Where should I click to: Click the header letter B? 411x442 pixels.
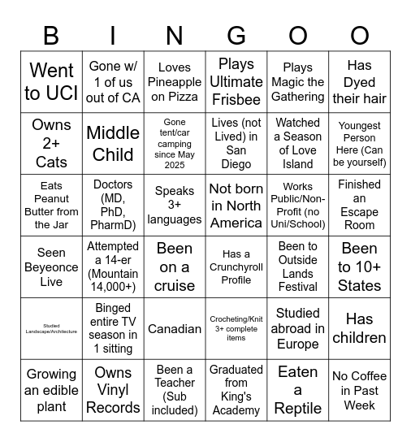pos(51,36)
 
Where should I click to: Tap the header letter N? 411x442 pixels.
pos(175,36)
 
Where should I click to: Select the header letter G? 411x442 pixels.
pos(236,36)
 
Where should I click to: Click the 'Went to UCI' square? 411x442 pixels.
pos(51,82)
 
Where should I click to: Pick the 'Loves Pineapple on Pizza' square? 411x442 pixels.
pos(175,82)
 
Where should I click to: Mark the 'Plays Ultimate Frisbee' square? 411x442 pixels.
pos(236,82)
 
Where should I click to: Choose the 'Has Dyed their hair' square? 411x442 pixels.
pos(360,82)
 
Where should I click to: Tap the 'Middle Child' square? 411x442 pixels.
pos(113,144)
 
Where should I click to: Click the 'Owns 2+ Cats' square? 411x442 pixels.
pos(51,144)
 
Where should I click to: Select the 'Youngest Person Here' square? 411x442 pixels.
pos(360,144)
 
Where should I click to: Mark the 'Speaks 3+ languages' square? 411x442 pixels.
pos(175,206)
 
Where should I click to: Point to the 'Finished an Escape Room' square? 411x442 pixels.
pos(360,206)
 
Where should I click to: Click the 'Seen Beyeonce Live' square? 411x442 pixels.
pos(51,267)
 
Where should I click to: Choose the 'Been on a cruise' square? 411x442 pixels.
pos(175,267)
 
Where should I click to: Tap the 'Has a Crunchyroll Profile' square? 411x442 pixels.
pos(236,267)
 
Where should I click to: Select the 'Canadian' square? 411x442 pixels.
pos(175,329)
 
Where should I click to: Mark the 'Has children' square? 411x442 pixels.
pos(360,329)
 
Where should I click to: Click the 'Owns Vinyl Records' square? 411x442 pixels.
pos(113,391)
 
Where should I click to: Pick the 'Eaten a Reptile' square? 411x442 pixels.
pos(298,391)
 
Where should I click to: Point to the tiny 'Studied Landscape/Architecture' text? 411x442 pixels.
pos(51,329)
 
